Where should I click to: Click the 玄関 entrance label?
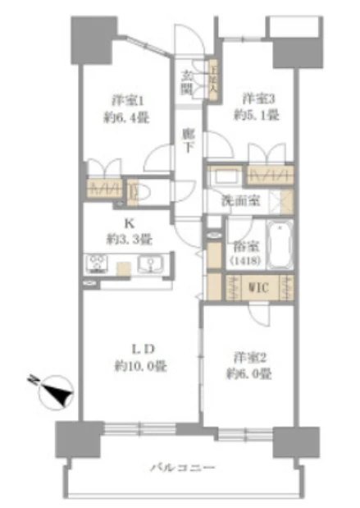pyautogui.click(x=187, y=83)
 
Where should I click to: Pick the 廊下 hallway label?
pyautogui.click(x=189, y=142)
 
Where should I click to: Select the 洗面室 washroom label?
pyautogui.click(x=239, y=199)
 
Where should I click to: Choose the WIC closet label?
pyautogui.click(x=261, y=288)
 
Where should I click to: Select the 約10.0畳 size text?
pyautogui.click(x=139, y=366)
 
